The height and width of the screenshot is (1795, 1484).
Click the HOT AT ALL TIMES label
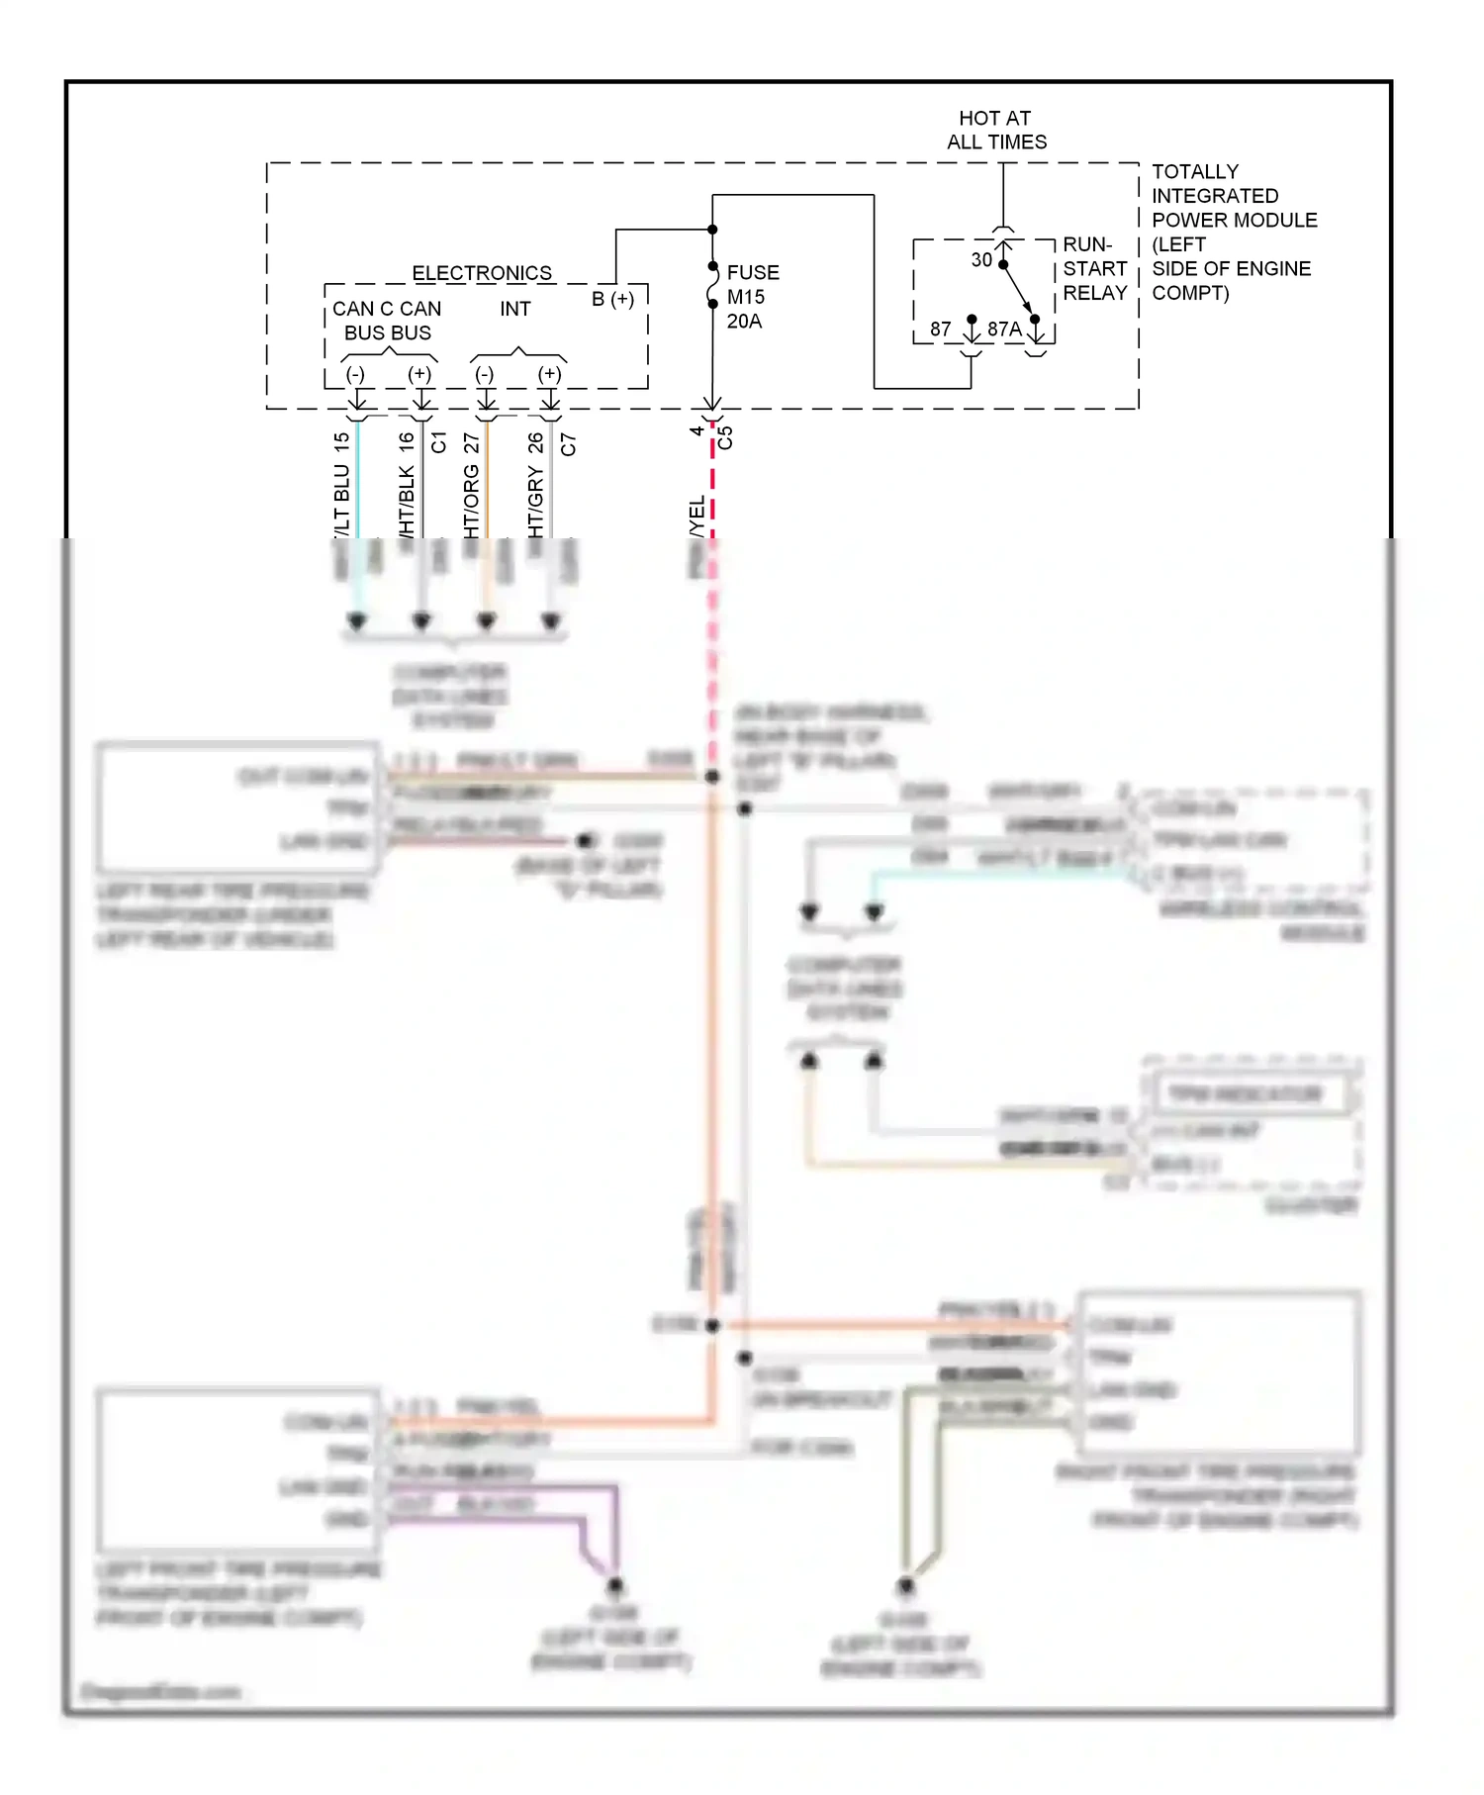pos(995,130)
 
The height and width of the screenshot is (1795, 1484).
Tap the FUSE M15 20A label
pos(752,297)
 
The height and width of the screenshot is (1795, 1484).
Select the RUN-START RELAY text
pos(1094,269)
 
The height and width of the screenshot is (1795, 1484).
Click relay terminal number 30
pos(980,260)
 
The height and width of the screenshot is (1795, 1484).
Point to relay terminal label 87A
pos(1003,330)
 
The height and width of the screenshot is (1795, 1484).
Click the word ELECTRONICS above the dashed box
pos(482,273)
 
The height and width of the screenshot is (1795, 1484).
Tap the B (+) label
pos(612,299)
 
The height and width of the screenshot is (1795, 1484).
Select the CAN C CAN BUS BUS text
pos(387,321)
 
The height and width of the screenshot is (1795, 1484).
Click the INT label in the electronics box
pos(514,309)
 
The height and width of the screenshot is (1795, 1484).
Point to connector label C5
pos(725,437)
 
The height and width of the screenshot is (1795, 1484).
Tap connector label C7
pos(568,444)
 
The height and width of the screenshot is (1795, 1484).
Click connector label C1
pos(439,442)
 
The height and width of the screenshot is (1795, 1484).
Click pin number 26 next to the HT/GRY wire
pos(536,442)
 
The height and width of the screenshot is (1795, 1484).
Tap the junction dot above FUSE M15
pos(712,230)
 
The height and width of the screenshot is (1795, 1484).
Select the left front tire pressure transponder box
pos(237,1470)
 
